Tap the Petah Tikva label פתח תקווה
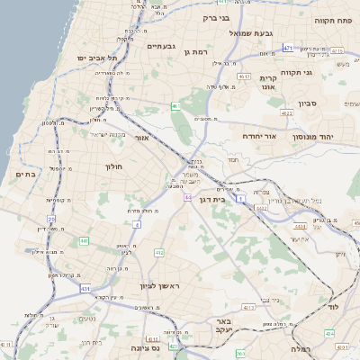[331, 19]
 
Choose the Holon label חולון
[113, 166]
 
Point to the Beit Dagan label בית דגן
[223, 200]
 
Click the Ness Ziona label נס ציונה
[144, 347]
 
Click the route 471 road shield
[288, 47]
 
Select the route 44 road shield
[188, 196]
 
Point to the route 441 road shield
[84, 240]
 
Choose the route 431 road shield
[85, 288]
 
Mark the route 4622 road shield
[286, 113]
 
